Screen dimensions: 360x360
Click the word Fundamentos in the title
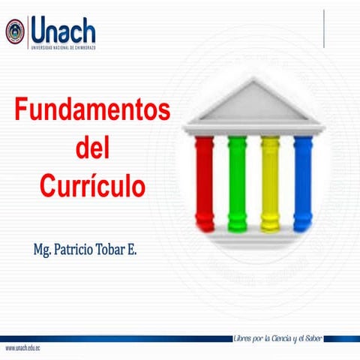tap(92, 110)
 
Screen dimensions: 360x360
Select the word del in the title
tap(92, 148)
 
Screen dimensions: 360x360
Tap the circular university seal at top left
tap(15, 31)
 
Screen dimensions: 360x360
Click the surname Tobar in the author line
tap(113, 247)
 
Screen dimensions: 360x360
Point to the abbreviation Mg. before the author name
tap(41, 248)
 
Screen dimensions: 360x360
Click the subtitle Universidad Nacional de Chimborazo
tap(63, 47)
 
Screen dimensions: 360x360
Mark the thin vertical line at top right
tap(324, 30)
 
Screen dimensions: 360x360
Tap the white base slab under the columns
tap(253, 236)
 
